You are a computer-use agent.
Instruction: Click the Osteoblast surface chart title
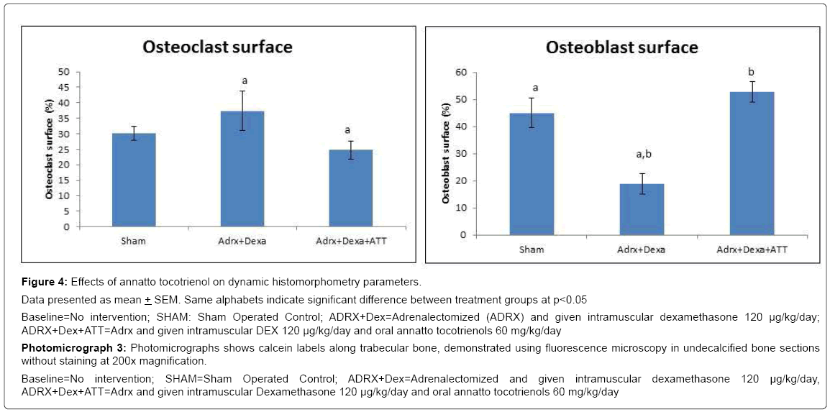point(621,47)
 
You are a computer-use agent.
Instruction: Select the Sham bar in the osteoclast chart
point(134,180)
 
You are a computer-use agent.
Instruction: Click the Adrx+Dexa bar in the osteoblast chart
point(642,209)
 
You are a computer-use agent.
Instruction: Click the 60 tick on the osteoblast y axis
point(460,73)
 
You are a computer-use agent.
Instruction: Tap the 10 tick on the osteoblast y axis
point(460,208)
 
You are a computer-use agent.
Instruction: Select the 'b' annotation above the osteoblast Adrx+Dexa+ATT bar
point(752,73)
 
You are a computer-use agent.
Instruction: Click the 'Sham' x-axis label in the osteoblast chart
point(532,250)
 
